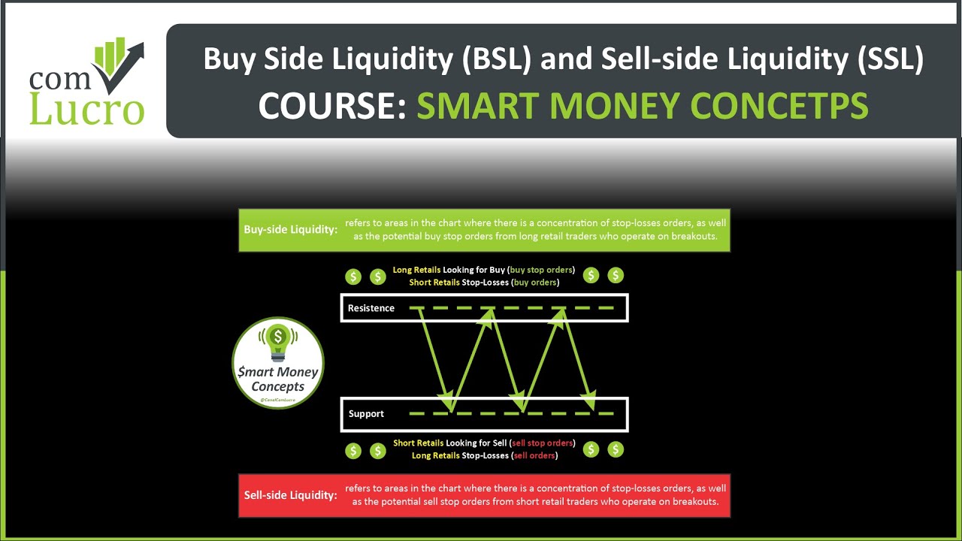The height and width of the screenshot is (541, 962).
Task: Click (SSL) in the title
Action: click(890, 59)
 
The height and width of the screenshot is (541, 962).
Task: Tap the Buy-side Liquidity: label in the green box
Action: click(290, 230)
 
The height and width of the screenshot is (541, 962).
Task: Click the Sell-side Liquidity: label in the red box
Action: click(290, 495)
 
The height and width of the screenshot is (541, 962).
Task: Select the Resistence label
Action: click(371, 308)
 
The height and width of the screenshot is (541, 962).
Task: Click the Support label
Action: click(366, 414)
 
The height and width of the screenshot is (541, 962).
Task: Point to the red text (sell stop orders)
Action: click(542, 443)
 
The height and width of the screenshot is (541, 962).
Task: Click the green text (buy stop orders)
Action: click(541, 270)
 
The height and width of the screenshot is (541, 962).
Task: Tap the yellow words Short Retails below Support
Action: click(418, 443)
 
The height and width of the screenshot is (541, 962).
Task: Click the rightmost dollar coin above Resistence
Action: click(616, 276)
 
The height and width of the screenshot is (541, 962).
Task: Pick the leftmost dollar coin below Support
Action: click(353, 450)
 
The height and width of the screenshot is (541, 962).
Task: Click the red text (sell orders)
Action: click(534, 455)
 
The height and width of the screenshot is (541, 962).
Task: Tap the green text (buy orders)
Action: click(535, 283)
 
